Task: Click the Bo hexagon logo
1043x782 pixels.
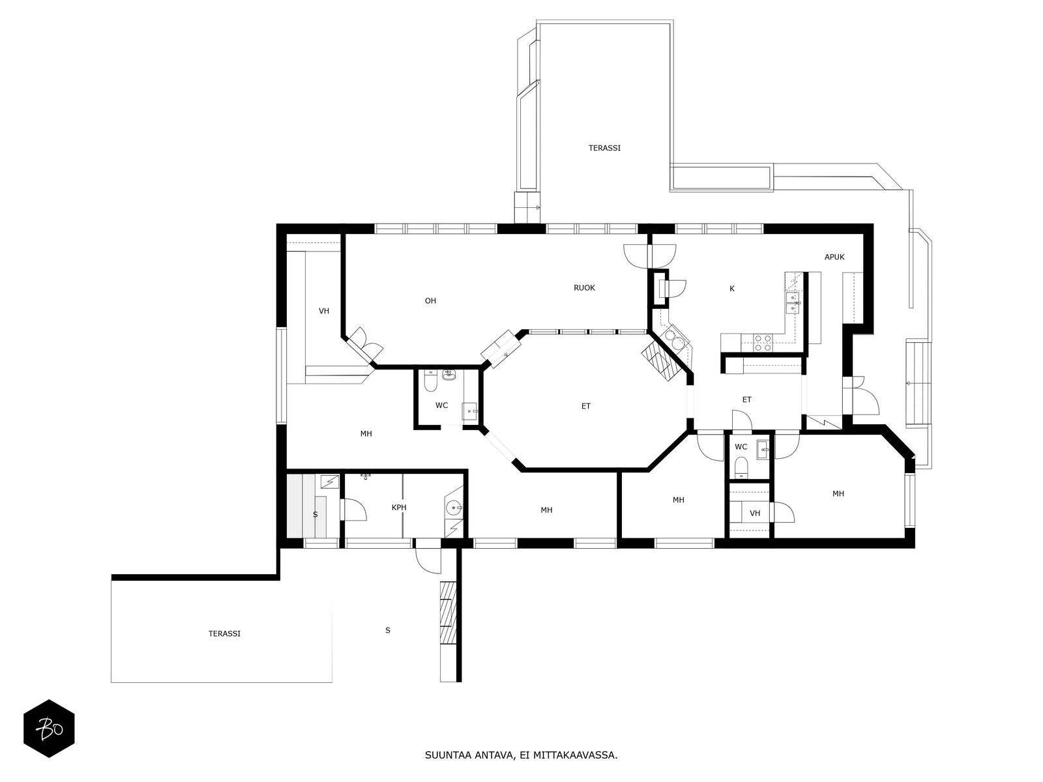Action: click(x=49, y=729)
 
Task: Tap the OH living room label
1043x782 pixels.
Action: click(x=430, y=300)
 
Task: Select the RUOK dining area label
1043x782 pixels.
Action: click(x=584, y=288)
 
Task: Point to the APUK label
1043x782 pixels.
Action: click(x=834, y=257)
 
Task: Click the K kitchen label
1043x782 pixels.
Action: click(x=732, y=288)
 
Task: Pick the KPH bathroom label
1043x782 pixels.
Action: click(x=399, y=508)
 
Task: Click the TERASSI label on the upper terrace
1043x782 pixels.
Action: click(x=604, y=148)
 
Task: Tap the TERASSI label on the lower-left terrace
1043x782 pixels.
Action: click(x=224, y=633)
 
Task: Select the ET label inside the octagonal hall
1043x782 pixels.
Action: click(x=585, y=406)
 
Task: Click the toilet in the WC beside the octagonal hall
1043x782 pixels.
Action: click(x=430, y=381)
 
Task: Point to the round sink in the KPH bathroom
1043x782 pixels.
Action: click(x=454, y=508)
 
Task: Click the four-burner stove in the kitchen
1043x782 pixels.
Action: click(x=763, y=343)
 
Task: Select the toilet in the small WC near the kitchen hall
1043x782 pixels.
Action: click(x=741, y=468)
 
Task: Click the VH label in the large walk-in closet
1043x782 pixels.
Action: click(x=323, y=311)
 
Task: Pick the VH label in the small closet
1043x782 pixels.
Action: click(x=755, y=514)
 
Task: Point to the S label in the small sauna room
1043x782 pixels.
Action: click(x=315, y=515)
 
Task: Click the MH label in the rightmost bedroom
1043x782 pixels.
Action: click(x=838, y=494)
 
